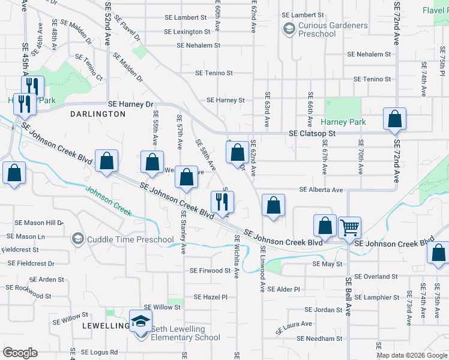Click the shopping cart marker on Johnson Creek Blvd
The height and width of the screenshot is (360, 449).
coord(349,228)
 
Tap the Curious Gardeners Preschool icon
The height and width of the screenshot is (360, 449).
coord(289,28)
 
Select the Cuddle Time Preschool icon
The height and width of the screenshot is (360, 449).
coord(77,239)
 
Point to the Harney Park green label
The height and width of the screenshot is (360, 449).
coord(348,122)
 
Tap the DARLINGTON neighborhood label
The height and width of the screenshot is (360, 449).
coord(97,113)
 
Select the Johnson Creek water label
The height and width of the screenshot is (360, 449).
coord(108,202)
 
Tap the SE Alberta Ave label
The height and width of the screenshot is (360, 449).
coord(322,190)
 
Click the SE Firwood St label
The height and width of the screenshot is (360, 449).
coord(210,271)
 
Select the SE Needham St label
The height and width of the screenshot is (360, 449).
coord(323,338)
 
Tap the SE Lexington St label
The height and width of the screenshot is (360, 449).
coord(187,31)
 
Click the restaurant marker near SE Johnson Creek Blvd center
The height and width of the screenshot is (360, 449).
coord(221,202)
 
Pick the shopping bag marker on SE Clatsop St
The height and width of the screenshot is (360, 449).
coord(394,119)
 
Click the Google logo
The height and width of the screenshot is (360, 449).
coord(20,353)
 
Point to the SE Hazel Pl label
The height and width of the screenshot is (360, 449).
coord(211,297)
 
